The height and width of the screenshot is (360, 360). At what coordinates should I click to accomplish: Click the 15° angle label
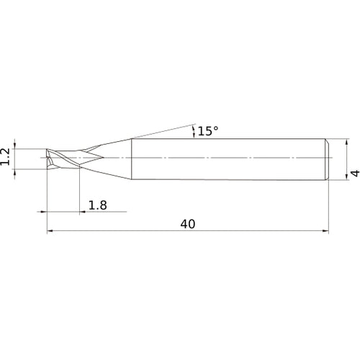tap(208, 131)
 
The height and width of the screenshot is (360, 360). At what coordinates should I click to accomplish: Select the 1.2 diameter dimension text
tap(5, 156)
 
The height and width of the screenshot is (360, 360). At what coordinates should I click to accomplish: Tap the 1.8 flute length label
tap(98, 205)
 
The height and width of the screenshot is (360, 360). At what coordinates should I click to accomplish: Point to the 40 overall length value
tap(188, 224)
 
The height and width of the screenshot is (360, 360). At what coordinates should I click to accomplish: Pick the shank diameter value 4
tap(355, 173)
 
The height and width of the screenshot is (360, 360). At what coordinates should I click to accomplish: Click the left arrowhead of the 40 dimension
tap(50, 231)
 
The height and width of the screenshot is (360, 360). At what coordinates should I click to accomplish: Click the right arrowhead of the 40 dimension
tap(325, 231)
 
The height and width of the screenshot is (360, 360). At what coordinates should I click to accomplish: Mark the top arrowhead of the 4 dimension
tap(346, 142)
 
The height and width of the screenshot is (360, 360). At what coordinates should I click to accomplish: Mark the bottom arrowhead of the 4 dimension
tap(346, 176)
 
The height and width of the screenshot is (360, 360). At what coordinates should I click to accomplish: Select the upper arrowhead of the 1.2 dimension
tap(15, 145)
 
